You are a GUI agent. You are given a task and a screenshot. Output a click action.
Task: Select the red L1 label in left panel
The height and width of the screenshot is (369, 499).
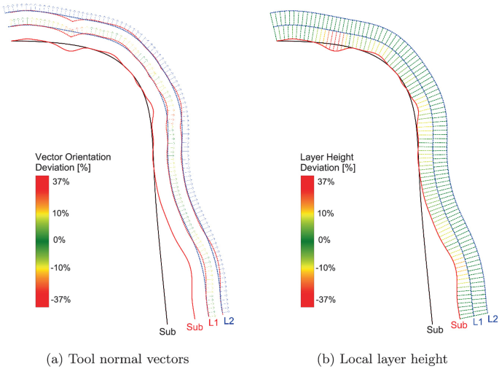(x=213, y=322)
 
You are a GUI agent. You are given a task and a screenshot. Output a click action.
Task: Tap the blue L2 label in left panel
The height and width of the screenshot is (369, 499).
(x=229, y=320)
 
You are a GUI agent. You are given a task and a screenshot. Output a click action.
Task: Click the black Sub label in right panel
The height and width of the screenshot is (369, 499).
(x=435, y=330)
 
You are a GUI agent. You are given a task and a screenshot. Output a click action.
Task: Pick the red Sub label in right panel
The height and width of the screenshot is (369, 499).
(x=460, y=325)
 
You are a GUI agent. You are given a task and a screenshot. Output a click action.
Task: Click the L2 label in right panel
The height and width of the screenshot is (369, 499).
(x=493, y=319)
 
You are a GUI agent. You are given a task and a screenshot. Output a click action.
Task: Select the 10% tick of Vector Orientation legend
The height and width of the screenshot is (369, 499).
(x=60, y=213)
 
